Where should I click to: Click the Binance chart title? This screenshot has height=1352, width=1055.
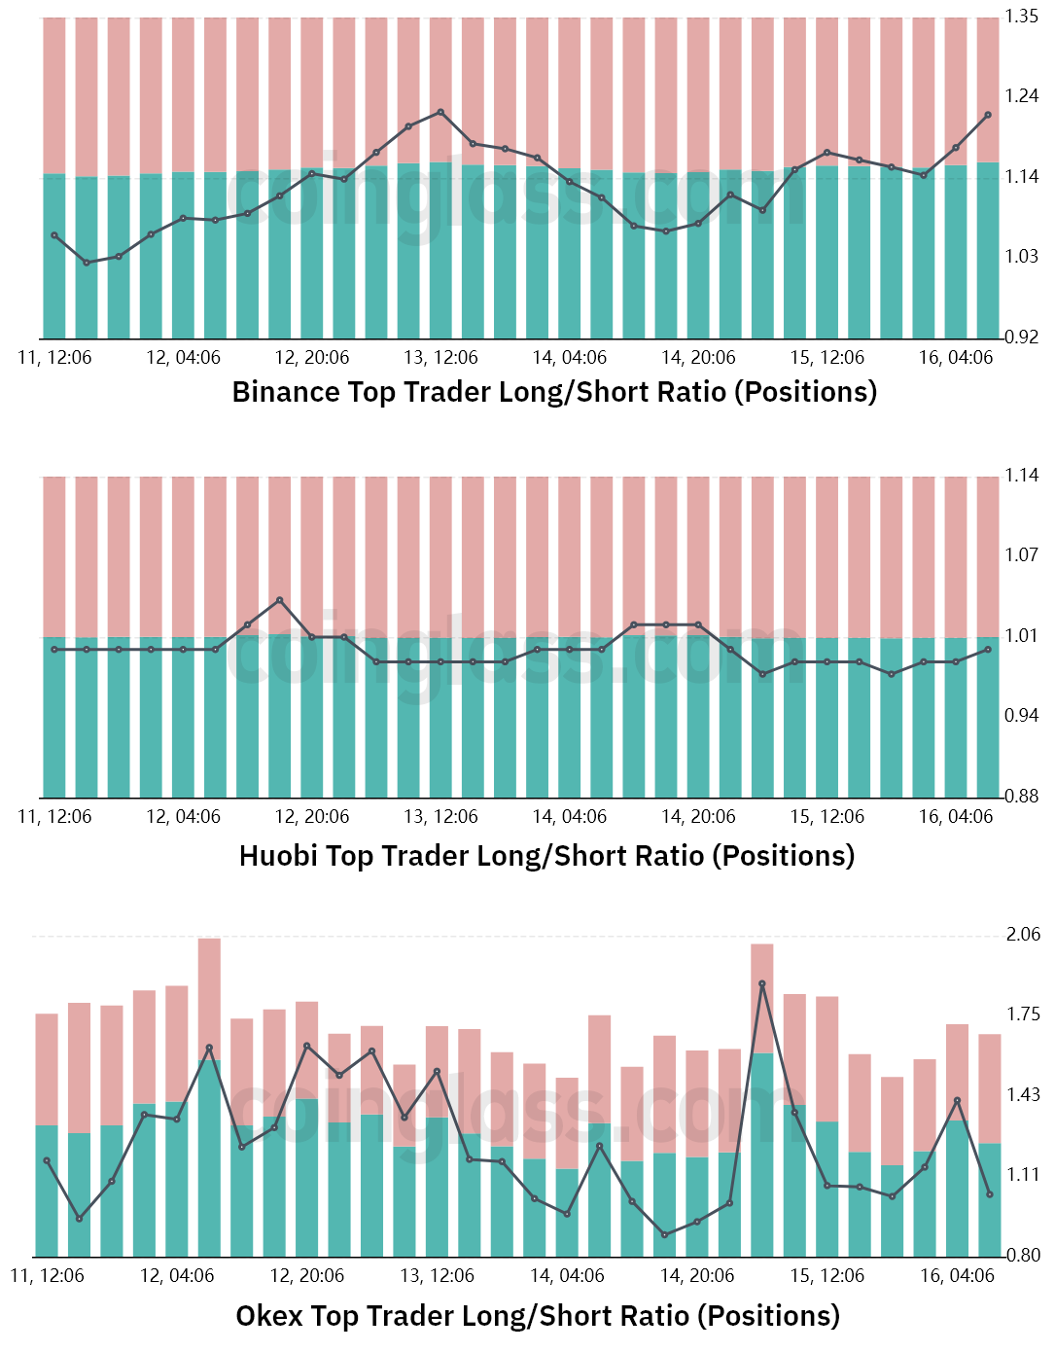pos(554,392)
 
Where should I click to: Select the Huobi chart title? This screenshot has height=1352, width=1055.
pos(546,856)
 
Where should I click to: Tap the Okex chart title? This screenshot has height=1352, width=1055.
pos(538,1316)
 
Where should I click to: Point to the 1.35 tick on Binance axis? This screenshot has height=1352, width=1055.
pos(1022,17)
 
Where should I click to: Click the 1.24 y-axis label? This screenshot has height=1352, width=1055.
pos(1022,96)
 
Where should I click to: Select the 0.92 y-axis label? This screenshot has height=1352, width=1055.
pos(1022,338)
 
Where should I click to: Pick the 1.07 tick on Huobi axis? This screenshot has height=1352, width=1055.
pos(1022,555)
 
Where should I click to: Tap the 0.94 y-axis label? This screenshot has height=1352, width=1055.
pos(1022,716)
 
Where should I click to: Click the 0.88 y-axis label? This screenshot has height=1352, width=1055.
pos(1022,797)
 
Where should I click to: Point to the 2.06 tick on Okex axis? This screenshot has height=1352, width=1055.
pos(1023,935)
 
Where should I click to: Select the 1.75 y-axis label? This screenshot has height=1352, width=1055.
pos(1023,1014)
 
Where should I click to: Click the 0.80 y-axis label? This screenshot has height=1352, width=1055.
pos(1023,1256)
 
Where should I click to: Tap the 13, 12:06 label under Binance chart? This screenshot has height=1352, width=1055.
pos(440,358)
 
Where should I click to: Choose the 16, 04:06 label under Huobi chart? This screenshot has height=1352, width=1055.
pos(956,817)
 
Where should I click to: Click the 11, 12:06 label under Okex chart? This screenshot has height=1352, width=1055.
pos(48,1276)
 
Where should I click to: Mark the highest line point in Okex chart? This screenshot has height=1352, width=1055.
pos(762,983)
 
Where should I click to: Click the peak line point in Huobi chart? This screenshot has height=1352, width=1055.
pos(280,600)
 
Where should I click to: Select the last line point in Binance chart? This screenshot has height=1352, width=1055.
pos(988,115)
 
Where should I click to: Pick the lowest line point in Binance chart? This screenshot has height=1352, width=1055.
pos(87,263)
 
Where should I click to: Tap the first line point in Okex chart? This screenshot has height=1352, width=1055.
pos(47,1160)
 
